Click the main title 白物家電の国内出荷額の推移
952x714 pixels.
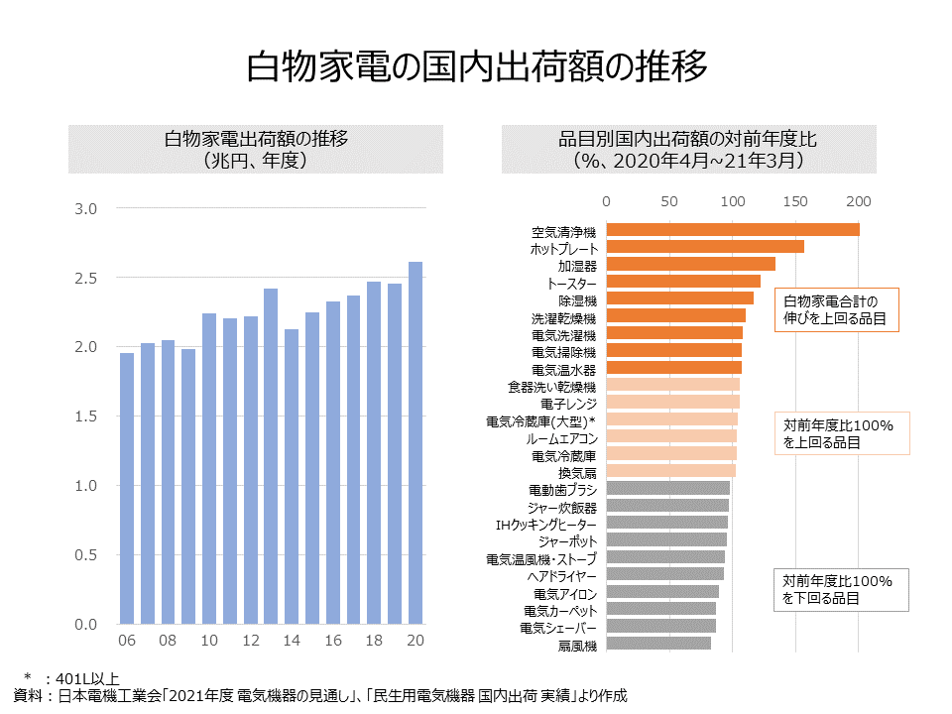click(477, 65)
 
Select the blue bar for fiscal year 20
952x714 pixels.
click(416, 442)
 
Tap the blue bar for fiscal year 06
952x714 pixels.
click(127, 488)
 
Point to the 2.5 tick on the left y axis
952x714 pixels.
click(85, 278)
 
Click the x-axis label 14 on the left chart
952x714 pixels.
click(292, 640)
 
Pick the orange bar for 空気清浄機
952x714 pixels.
click(733, 229)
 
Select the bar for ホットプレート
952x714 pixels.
click(705, 247)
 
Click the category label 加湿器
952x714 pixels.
click(577, 266)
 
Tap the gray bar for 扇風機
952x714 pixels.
click(658, 643)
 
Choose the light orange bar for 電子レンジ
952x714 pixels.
click(672, 402)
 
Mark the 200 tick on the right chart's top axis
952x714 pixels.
click(859, 201)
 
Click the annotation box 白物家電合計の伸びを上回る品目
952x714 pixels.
click(837, 309)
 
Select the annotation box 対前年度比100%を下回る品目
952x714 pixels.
click(841, 589)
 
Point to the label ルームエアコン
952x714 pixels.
click(561, 438)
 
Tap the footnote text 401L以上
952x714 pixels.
click(87, 678)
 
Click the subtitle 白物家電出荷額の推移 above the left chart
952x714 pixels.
click(256, 139)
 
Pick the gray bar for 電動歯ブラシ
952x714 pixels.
click(667, 488)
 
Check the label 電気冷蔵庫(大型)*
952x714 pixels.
click(541, 421)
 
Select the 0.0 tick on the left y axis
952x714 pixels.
click(85, 625)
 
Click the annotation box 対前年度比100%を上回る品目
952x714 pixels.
click(842, 433)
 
